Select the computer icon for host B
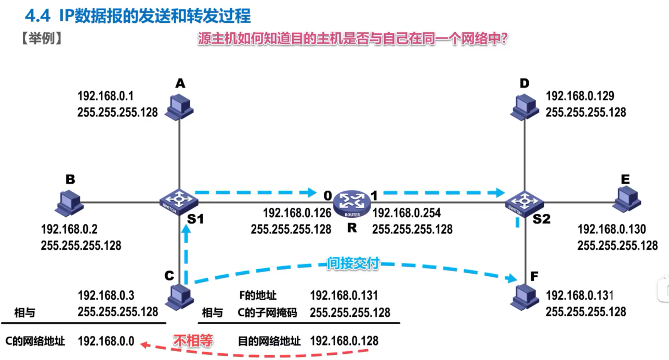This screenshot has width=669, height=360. [x=69, y=202]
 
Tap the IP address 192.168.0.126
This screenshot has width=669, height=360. [x=297, y=213]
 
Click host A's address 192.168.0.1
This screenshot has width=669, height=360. [x=106, y=96]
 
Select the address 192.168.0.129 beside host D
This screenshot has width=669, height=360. [x=580, y=96]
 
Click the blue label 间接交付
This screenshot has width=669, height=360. [x=352, y=263]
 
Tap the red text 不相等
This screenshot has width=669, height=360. [x=193, y=341]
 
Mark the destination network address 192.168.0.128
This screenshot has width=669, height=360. [x=344, y=341]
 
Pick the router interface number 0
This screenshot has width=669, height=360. [x=327, y=195]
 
